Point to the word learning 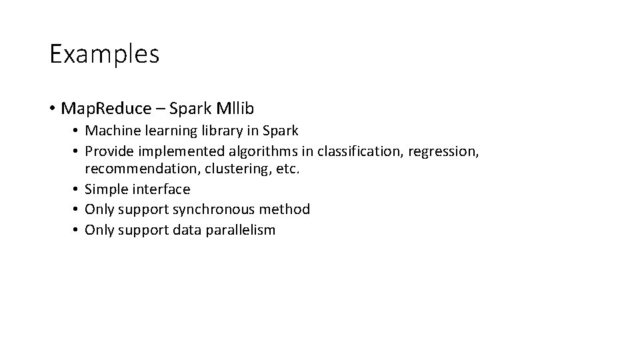(170, 131)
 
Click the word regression (443, 152)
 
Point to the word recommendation (143, 169)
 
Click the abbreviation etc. (288, 169)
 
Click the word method (285, 209)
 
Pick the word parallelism (240, 230)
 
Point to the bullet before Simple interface (77, 189)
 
